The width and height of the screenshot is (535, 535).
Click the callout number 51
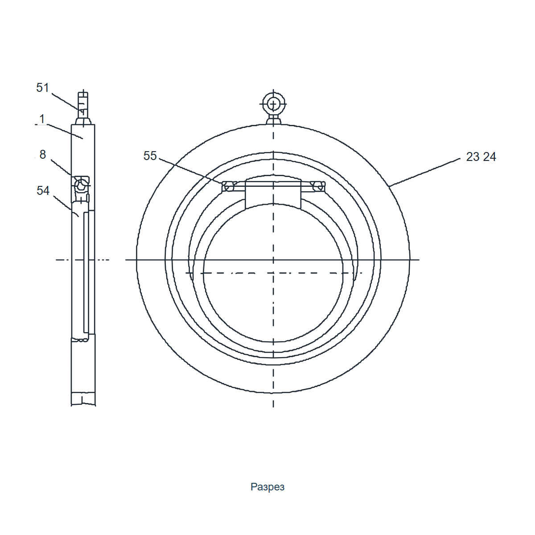(x=42, y=88)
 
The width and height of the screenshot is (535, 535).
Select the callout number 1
(x=42, y=119)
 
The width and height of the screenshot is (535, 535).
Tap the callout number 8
(x=42, y=155)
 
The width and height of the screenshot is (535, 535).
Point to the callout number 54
(x=43, y=191)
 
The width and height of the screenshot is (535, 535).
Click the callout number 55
(x=150, y=156)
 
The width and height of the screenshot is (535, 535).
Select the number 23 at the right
(x=473, y=157)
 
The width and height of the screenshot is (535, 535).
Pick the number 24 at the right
(x=490, y=157)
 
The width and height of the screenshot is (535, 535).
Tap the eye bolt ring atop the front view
(x=273, y=94)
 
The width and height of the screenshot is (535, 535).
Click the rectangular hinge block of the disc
(x=273, y=194)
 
